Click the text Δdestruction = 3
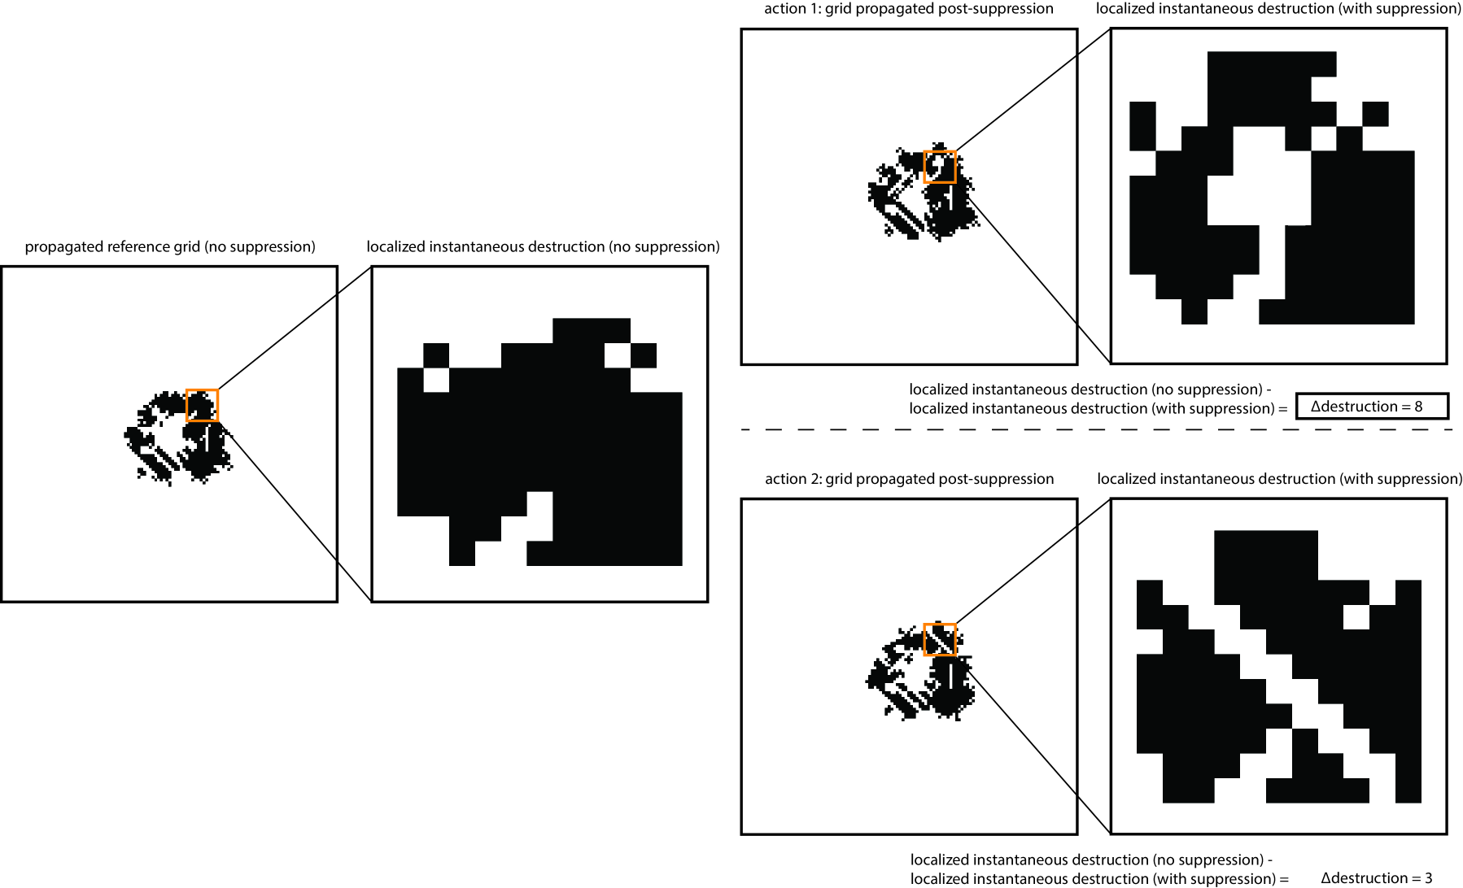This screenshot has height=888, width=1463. [1376, 877]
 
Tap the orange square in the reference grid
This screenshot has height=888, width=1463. [203, 405]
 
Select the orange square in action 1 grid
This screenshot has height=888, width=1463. [940, 167]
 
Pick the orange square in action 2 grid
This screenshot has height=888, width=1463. [940, 639]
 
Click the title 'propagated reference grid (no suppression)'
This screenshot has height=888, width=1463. [170, 246]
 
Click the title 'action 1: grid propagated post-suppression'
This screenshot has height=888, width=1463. [909, 9]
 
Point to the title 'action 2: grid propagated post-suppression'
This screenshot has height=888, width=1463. [910, 479]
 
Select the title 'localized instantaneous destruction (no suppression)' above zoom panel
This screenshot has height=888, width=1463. [543, 246]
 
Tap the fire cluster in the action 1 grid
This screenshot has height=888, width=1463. [923, 192]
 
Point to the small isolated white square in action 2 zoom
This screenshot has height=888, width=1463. [1356, 617]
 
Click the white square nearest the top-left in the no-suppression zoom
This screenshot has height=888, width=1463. [436, 381]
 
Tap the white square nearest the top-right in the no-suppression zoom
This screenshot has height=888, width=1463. [618, 355]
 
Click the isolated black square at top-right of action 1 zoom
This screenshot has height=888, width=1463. [1375, 114]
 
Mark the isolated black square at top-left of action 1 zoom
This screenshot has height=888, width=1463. [1143, 125]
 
